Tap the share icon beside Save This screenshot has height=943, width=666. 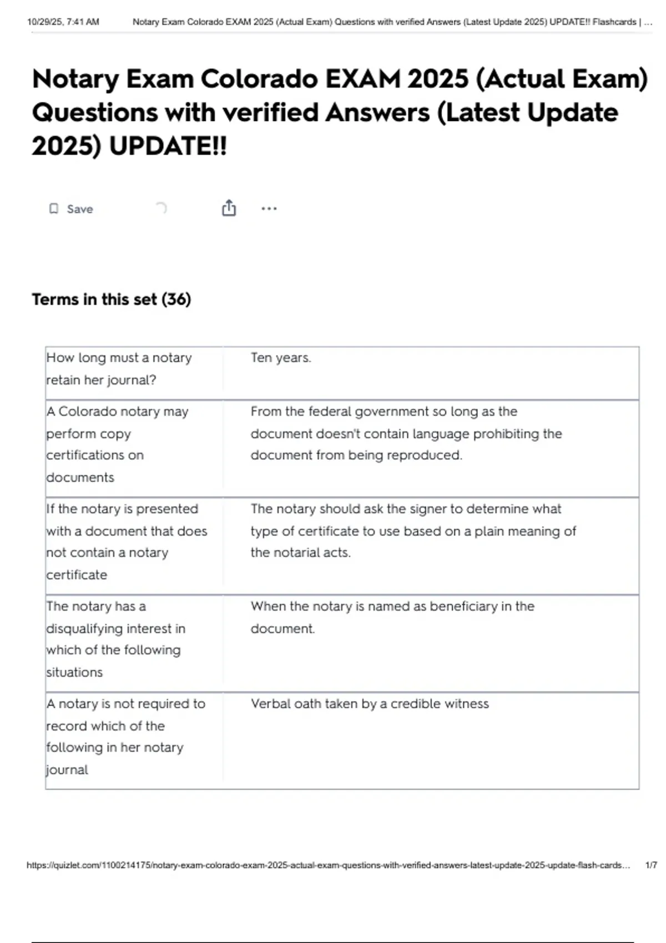click(x=229, y=208)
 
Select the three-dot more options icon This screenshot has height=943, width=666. click(x=269, y=209)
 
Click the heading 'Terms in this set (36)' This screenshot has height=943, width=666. click(x=112, y=300)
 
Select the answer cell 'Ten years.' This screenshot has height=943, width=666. click(x=281, y=358)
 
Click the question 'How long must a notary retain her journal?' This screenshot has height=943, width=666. click(x=119, y=368)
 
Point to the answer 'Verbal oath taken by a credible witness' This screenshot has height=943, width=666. click(x=370, y=704)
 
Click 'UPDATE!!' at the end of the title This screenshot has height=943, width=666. click(x=168, y=146)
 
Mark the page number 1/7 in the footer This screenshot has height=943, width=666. click(x=651, y=865)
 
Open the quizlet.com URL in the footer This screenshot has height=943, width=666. click(x=328, y=865)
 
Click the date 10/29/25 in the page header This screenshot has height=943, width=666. click(x=44, y=22)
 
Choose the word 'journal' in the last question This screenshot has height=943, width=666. click(x=67, y=770)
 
